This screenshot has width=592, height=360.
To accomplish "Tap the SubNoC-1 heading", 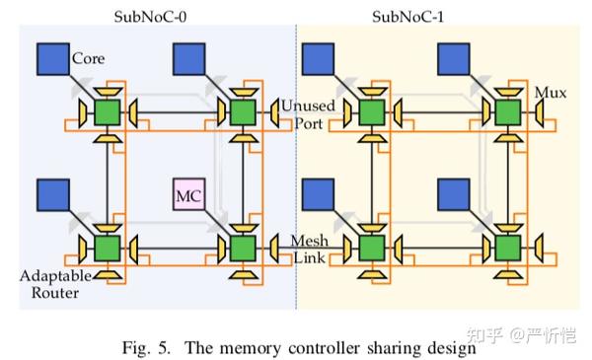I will point(407,16).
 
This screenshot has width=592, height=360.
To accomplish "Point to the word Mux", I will point(549,94).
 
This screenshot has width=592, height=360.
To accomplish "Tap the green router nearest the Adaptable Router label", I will point(106,245).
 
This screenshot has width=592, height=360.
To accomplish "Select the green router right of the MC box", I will point(241,245).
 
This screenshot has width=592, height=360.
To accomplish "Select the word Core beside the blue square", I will point(88,59).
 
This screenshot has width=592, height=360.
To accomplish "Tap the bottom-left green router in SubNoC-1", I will point(373,245).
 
